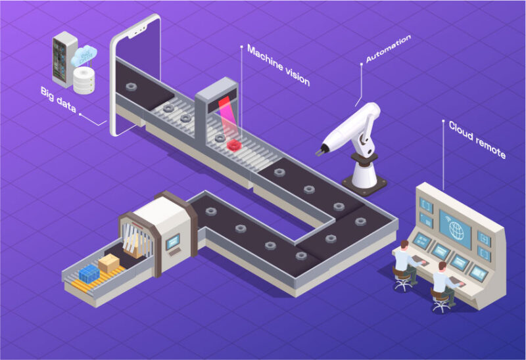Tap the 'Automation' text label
(x=389, y=49)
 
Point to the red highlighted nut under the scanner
(x=233, y=143)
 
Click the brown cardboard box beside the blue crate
(x=108, y=263)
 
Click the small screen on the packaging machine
(x=173, y=242)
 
